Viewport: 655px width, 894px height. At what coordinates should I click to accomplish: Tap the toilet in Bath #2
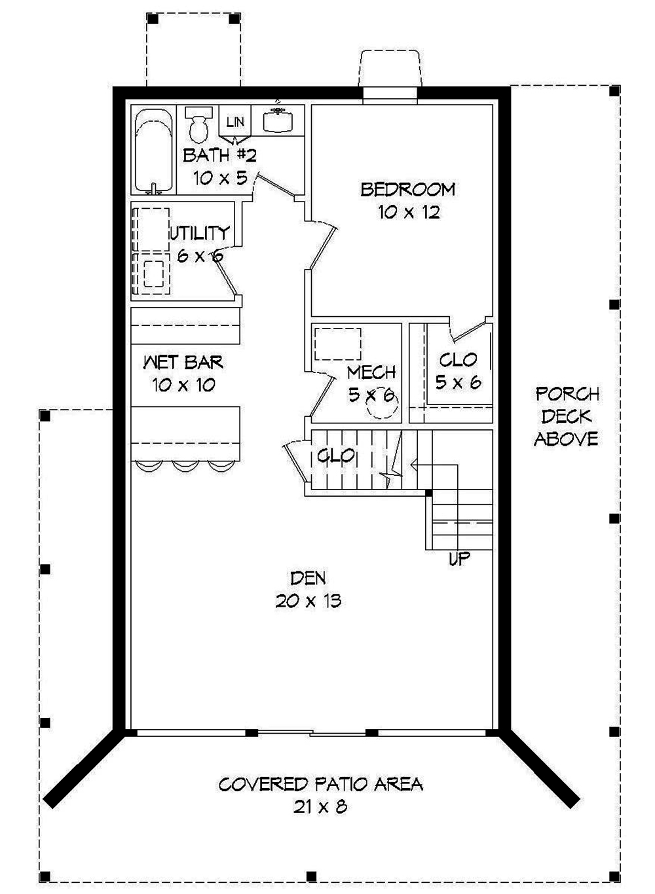(x=197, y=122)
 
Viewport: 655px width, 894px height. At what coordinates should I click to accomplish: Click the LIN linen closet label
(x=235, y=122)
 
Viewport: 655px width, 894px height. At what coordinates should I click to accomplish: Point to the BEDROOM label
(x=408, y=190)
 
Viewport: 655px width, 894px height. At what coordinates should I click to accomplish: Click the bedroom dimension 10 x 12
(x=408, y=213)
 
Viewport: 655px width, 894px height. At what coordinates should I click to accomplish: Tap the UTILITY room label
(x=200, y=233)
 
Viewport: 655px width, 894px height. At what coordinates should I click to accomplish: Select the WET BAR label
(x=183, y=362)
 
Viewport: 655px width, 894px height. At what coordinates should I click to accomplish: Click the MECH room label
(x=371, y=372)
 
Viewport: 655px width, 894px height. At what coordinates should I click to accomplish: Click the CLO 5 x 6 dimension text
(x=458, y=382)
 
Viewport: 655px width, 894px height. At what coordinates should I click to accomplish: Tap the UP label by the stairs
(x=459, y=560)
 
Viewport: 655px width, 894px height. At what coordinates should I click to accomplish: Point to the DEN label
(x=308, y=578)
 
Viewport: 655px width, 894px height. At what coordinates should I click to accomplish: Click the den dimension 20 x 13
(x=308, y=601)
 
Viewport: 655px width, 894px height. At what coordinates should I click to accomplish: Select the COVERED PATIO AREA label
(x=320, y=784)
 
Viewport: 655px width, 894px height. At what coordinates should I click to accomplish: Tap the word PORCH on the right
(x=567, y=394)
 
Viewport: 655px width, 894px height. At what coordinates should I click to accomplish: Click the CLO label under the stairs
(x=336, y=456)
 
